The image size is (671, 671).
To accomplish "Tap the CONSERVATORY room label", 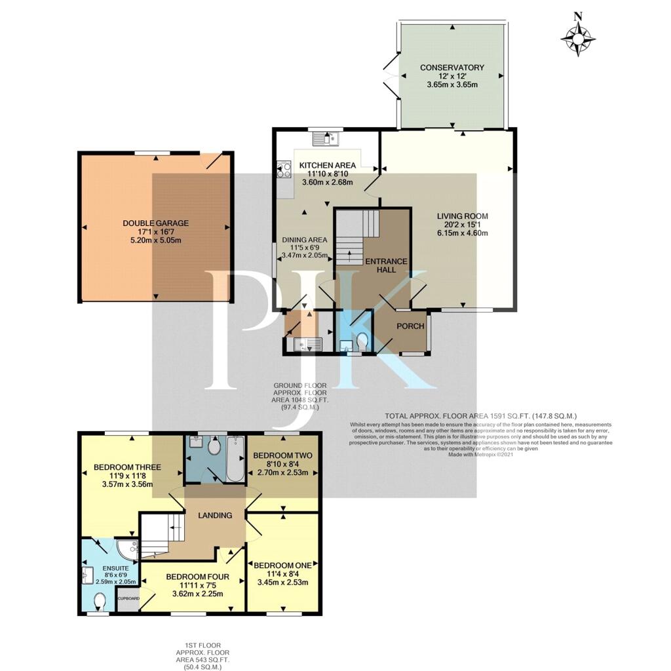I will [452, 67].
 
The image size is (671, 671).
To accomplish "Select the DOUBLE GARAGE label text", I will [155, 223].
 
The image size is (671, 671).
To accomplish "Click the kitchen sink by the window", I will [325, 138].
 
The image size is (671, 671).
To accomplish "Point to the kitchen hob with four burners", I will [285, 170].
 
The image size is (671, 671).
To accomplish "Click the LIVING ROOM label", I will [463, 216].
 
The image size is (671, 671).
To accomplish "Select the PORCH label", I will [411, 326].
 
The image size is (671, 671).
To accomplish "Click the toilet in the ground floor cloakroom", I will [362, 341].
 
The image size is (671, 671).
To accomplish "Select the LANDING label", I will [216, 515].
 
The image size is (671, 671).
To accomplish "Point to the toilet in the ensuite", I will [100, 601].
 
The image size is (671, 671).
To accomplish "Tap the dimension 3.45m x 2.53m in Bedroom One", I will [282, 582].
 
